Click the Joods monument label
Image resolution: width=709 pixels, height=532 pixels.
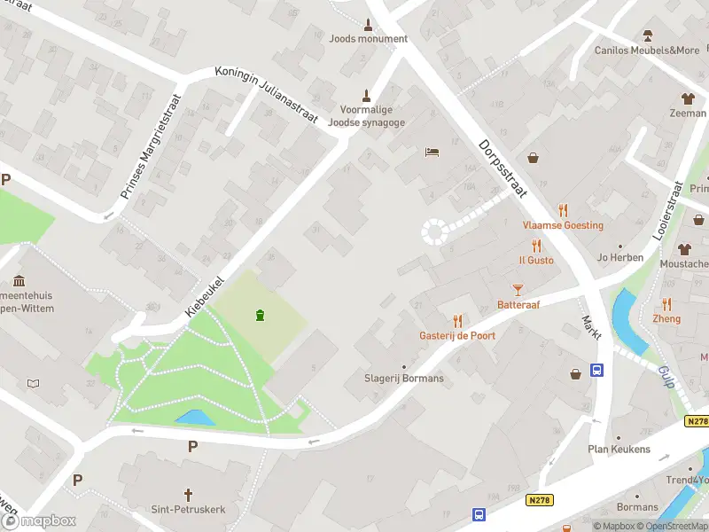368,38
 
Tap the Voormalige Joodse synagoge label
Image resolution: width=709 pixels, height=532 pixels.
366,116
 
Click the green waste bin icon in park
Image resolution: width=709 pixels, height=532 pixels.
260,315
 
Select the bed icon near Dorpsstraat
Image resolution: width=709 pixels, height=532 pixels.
432,153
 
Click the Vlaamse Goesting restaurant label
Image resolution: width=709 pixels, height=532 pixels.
563,225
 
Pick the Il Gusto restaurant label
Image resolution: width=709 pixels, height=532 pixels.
536,260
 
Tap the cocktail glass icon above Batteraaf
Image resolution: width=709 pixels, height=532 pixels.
518,289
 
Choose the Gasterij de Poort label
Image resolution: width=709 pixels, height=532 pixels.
457,335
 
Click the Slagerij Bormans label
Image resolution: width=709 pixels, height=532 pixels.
404,379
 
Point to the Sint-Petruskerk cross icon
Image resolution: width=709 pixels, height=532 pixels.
188,493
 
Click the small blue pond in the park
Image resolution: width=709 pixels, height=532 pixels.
193,417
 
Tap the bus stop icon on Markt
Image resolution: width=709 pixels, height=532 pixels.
598,371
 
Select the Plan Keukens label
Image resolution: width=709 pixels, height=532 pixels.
619,449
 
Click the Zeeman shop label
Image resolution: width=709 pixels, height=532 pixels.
688,113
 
